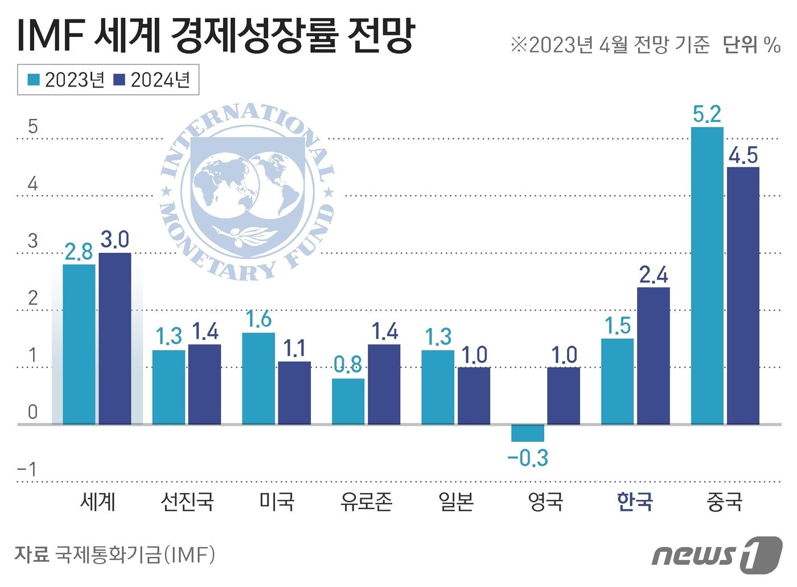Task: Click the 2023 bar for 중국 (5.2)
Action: [706, 276]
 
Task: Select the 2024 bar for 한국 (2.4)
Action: [653, 356]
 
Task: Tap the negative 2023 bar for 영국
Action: [528, 433]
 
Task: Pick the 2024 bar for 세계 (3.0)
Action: [115, 339]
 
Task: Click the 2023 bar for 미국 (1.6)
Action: [258, 379]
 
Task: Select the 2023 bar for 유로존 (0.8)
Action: [348, 401]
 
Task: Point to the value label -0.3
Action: [528, 458]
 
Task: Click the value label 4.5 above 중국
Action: [743, 155]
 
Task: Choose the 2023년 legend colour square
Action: [34, 80]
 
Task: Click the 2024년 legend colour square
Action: [119, 80]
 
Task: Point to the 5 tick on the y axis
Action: [33, 126]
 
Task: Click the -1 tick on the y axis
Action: [27, 470]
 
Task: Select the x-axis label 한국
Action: [635, 502]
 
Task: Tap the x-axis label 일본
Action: [456, 502]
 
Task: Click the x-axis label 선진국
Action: [187, 502]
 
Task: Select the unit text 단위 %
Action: [751, 44]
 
